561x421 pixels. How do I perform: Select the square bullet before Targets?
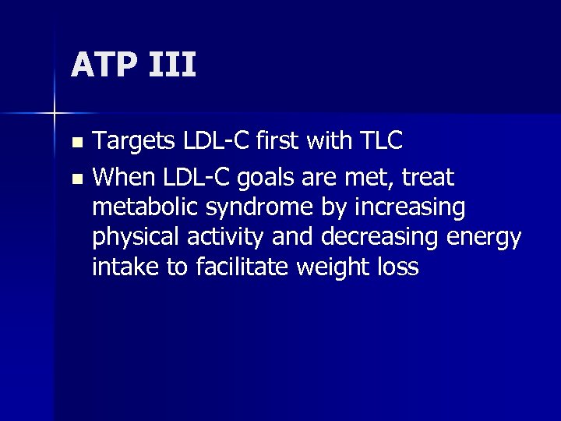(x=76, y=143)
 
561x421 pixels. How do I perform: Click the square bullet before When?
(x=76, y=179)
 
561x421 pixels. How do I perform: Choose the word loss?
(x=400, y=267)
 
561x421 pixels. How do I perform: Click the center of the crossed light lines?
(x=55, y=114)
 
